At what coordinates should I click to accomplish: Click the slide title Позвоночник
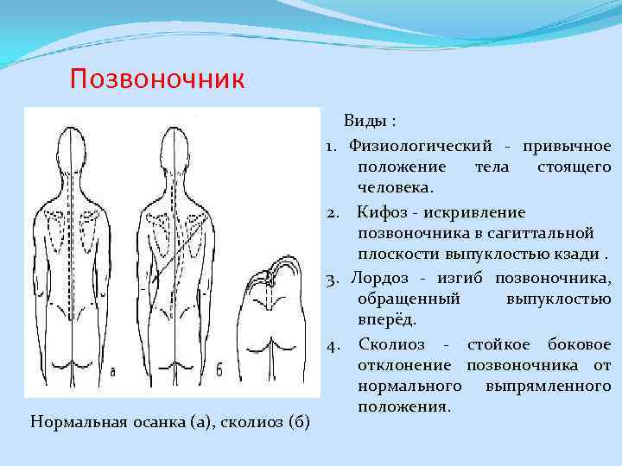point(158,80)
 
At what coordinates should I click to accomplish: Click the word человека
point(394,187)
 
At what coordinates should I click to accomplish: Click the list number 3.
point(331,277)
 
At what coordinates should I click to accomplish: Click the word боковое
point(578,344)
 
